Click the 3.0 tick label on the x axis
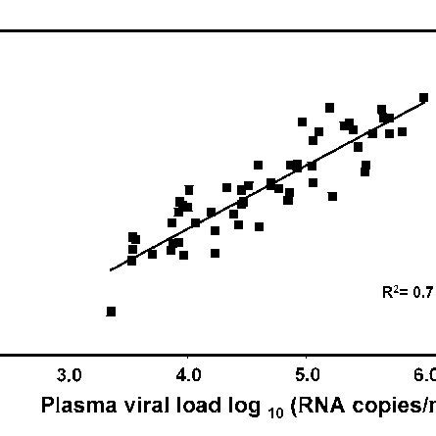point(69,375)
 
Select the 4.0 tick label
point(188,375)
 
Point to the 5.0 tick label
point(307,375)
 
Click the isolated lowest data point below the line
point(111,312)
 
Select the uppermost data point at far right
point(423,98)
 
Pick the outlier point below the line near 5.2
point(333,196)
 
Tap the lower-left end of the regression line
point(110,269)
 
